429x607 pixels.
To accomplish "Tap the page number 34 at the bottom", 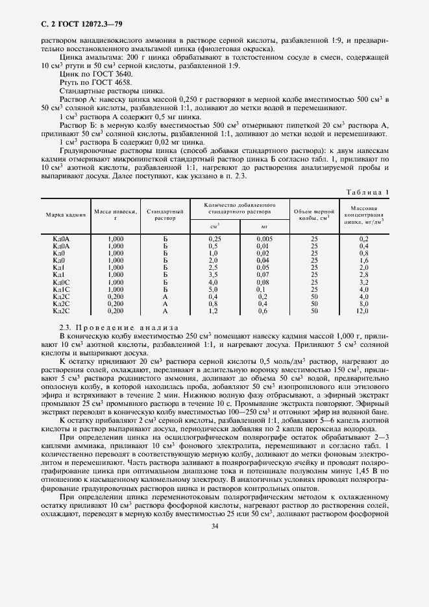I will click(x=214, y=580).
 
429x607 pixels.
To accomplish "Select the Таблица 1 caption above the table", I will click(x=367, y=191).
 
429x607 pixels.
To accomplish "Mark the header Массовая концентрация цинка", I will click(x=363, y=213).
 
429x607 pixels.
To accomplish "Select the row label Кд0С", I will click(x=61, y=283).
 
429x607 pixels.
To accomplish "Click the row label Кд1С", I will click(x=61, y=290).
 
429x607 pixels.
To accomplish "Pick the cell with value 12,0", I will click(x=363, y=311).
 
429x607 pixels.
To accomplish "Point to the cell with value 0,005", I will click(x=264, y=239).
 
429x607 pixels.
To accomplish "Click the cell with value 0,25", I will click(x=214, y=239).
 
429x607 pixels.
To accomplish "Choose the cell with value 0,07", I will click(x=263, y=276).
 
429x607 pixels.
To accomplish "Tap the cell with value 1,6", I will click(x=363, y=261).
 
